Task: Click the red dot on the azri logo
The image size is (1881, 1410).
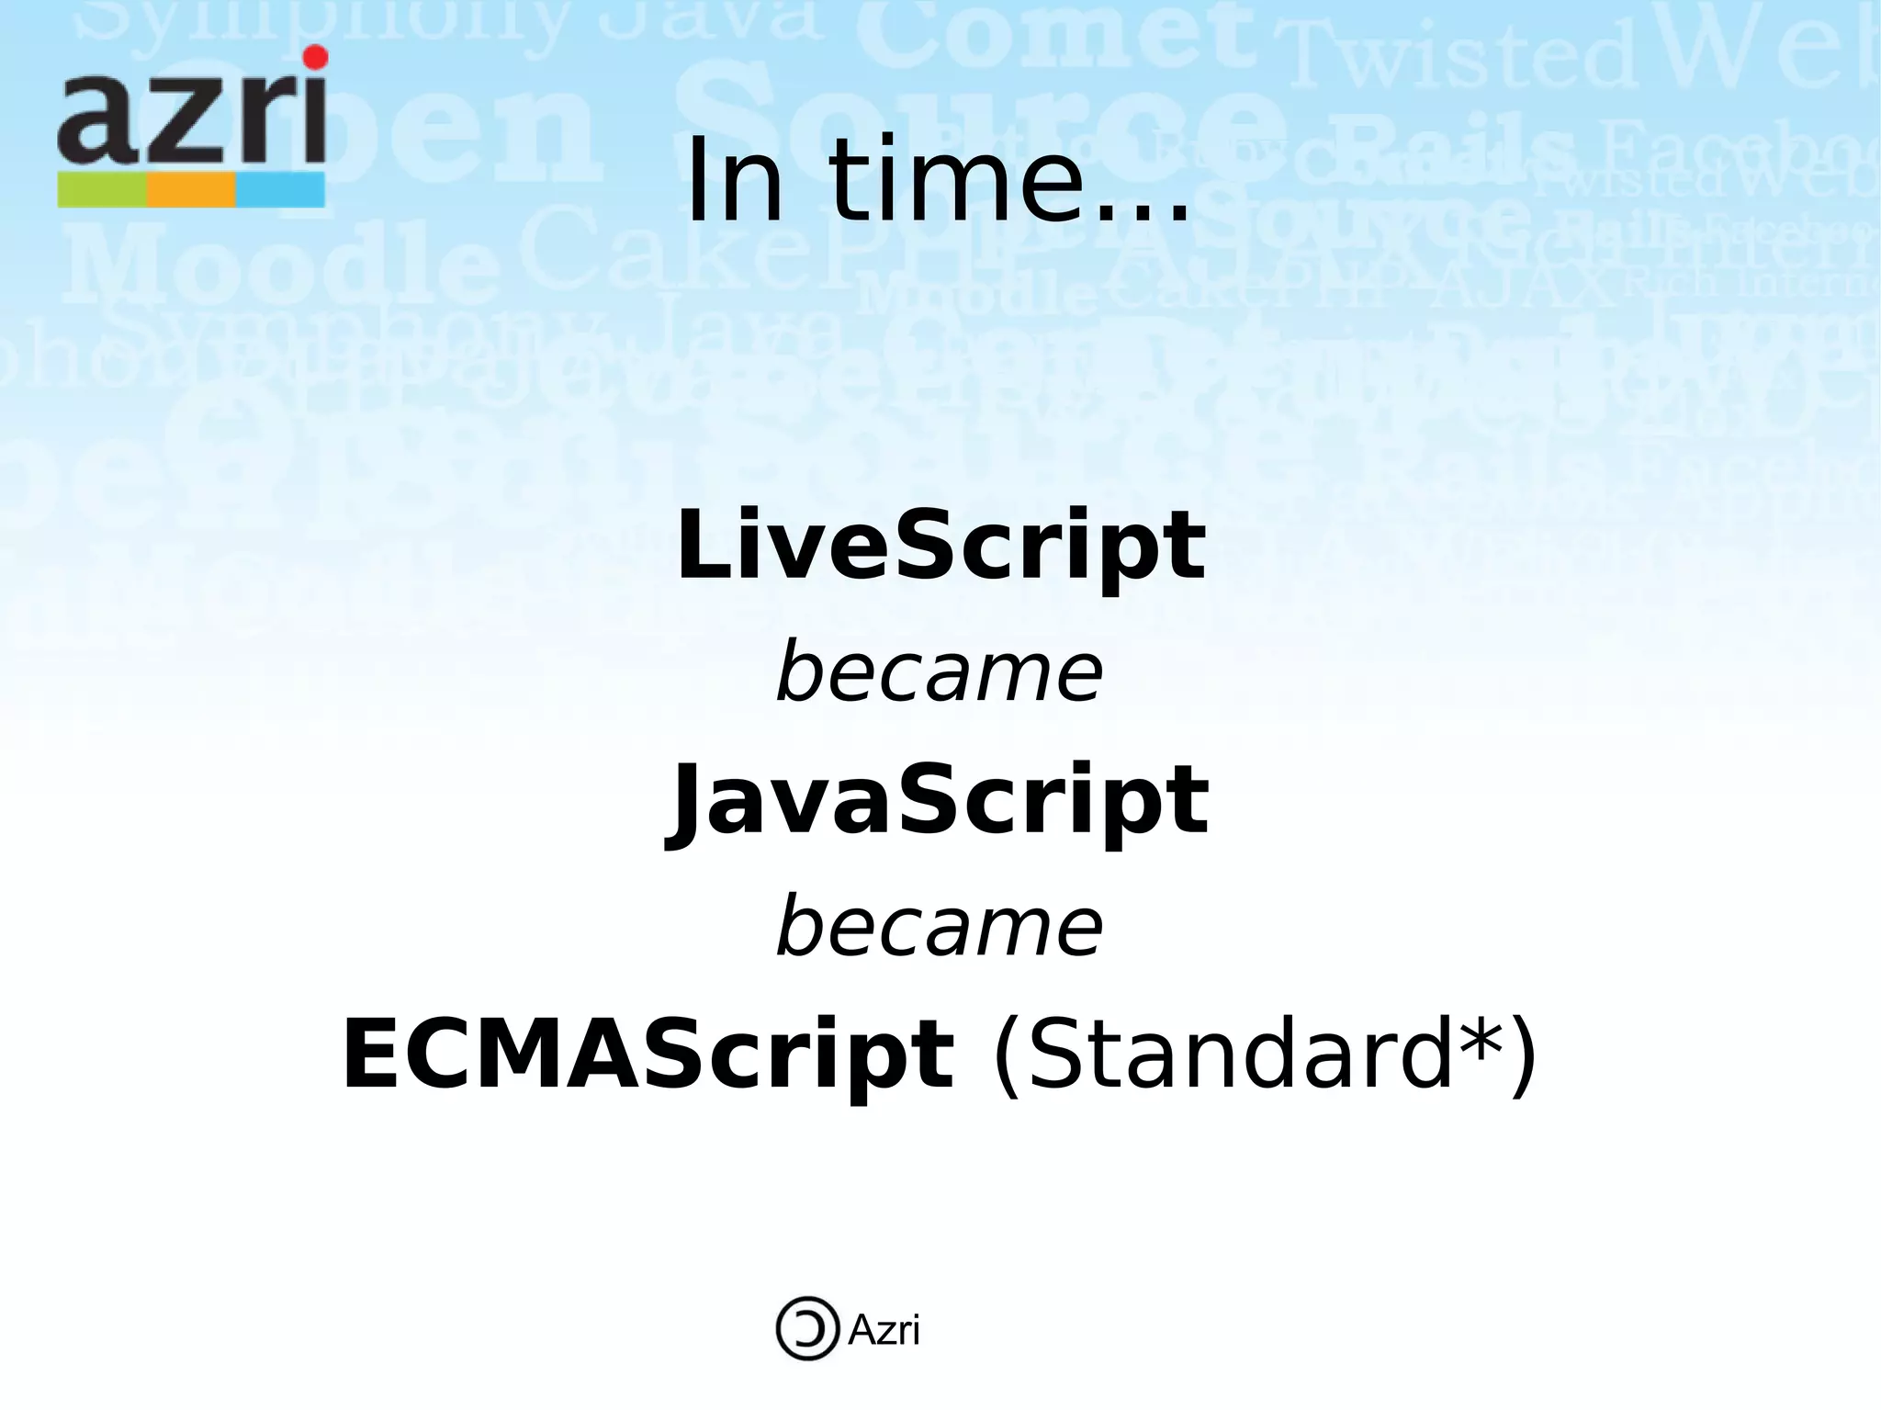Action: [x=315, y=57]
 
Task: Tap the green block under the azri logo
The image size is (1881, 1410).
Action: [x=102, y=190]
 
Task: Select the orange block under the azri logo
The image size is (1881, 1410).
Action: [x=191, y=190]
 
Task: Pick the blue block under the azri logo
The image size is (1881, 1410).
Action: [x=280, y=190]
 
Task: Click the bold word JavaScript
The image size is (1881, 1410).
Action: [x=937, y=801]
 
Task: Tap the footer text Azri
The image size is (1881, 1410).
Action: [x=883, y=1329]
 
